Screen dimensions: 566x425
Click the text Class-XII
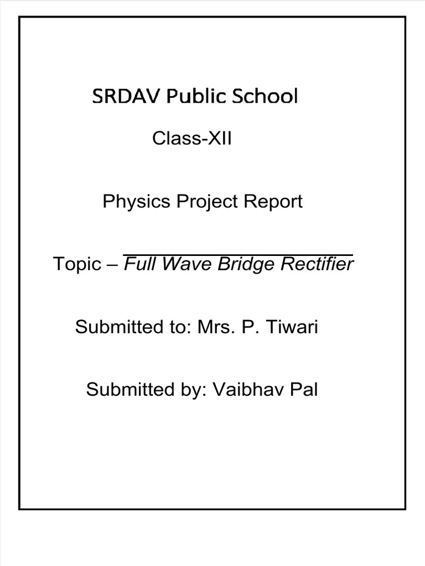pyautogui.click(x=192, y=139)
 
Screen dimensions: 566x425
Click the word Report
pyautogui.click(x=276, y=202)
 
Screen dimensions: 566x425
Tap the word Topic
pyautogui.click(x=75, y=265)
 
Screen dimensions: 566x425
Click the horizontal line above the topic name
pyautogui.click(x=237, y=255)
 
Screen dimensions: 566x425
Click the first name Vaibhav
pyautogui.click(x=247, y=390)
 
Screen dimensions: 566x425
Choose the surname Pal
pyautogui.click(x=303, y=390)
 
